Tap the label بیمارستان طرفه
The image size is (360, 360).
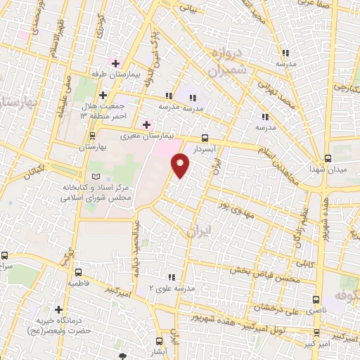tap(117, 73)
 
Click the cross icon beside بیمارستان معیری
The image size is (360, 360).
tap(146, 124)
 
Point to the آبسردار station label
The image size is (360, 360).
tap(205, 149)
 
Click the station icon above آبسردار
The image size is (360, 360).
tap(205, 138)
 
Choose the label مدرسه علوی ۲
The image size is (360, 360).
tap(168, 288)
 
